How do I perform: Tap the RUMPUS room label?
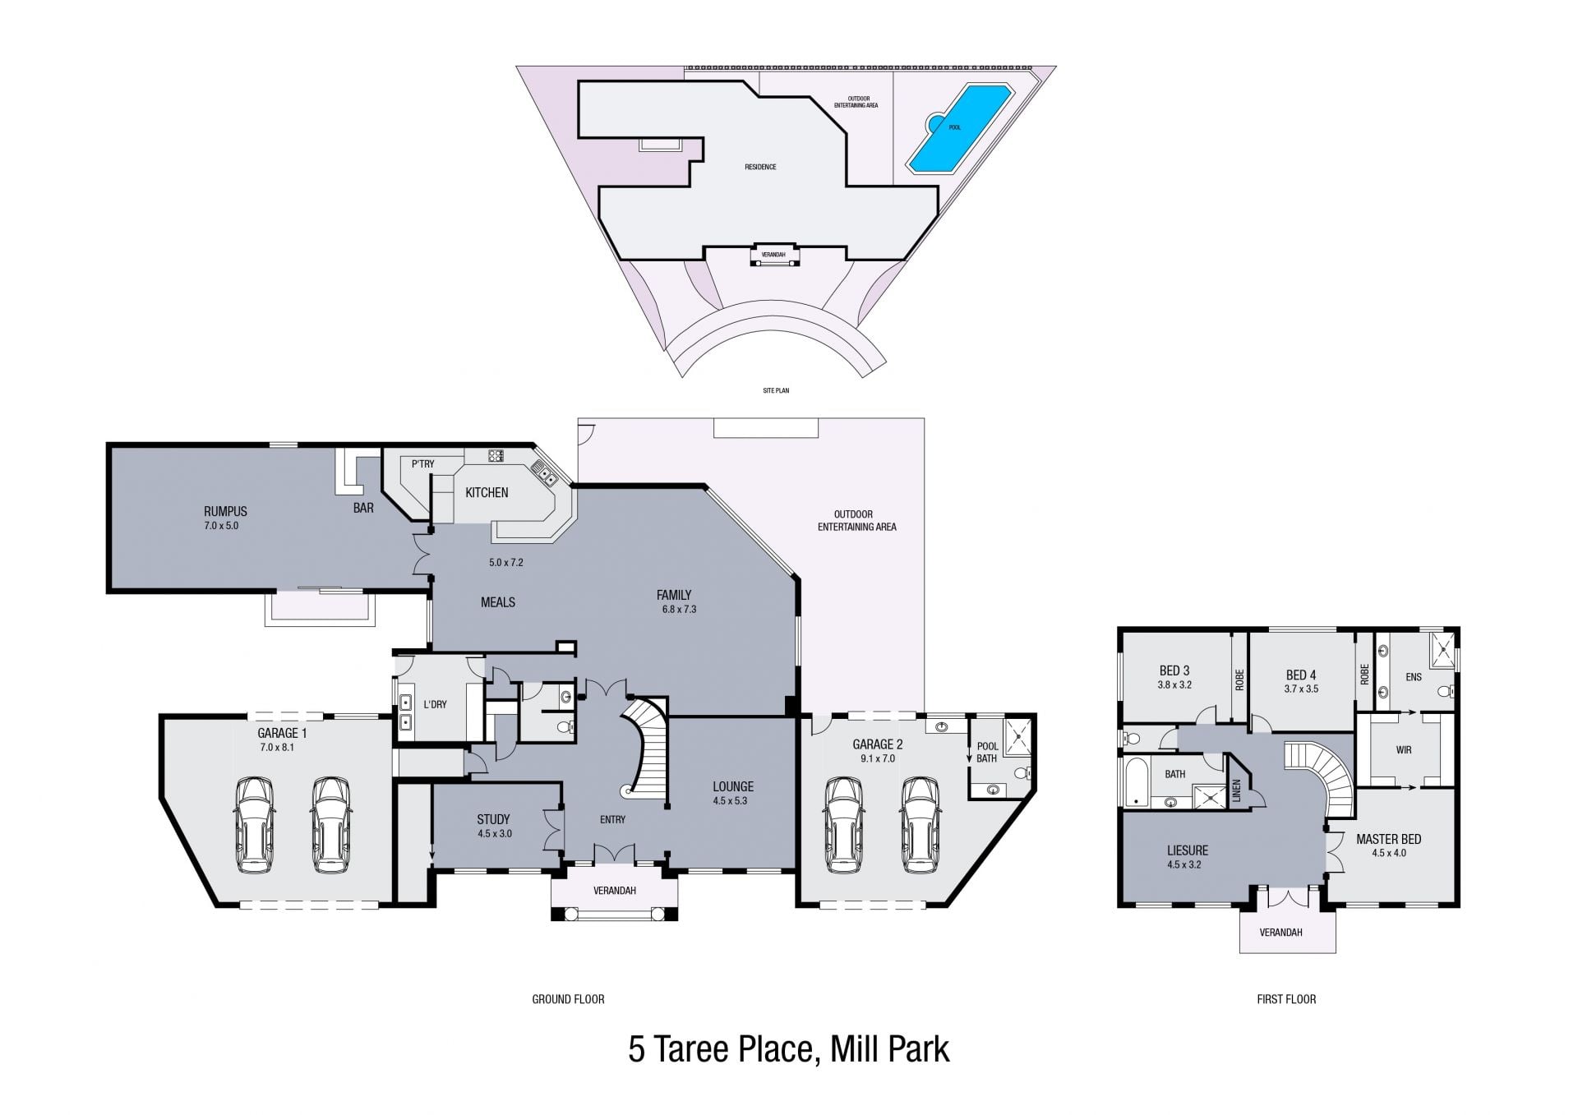(225, 511)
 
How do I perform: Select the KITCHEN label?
(487, 492)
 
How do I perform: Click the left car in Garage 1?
(255, 825)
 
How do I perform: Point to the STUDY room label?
(493, 819)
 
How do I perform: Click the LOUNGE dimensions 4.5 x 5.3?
(730, 800)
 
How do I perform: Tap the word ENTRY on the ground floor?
(612, 819)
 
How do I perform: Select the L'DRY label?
(435, 704)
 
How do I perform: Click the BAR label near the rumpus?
(363, 508)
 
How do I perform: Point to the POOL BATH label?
(987, 753)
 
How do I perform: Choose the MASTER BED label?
(1388, 839)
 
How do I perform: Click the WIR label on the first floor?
(1404, 749)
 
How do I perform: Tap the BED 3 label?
(1174, 670)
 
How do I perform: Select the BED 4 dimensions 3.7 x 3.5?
(1301, 689)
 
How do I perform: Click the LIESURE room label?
(1188, 850)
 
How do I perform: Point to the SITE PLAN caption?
(776, 390)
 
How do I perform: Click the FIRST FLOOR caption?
(1286, 999)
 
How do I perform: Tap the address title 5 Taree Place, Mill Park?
(789, 1049)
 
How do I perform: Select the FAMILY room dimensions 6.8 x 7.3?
(679, 609)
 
